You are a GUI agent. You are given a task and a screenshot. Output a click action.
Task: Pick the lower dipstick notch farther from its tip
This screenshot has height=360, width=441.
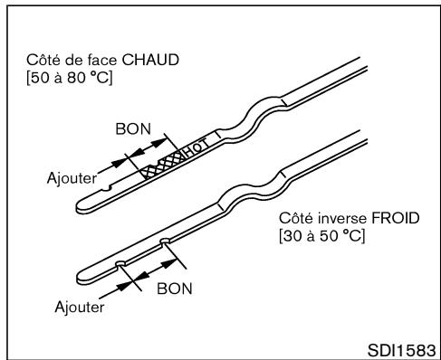tap(165, 242)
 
